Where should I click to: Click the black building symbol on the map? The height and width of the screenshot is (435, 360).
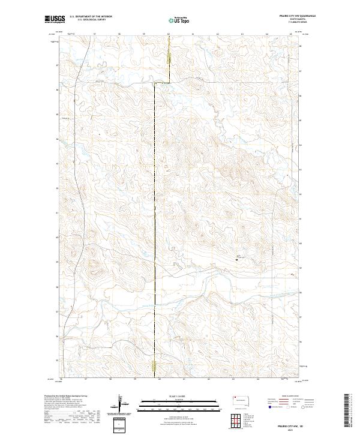[x=238, y=259]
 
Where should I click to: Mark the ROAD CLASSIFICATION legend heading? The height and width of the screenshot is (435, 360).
[x=288, y=397]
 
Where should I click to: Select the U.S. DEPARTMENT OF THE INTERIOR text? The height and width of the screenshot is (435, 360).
[x=90, y=17]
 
